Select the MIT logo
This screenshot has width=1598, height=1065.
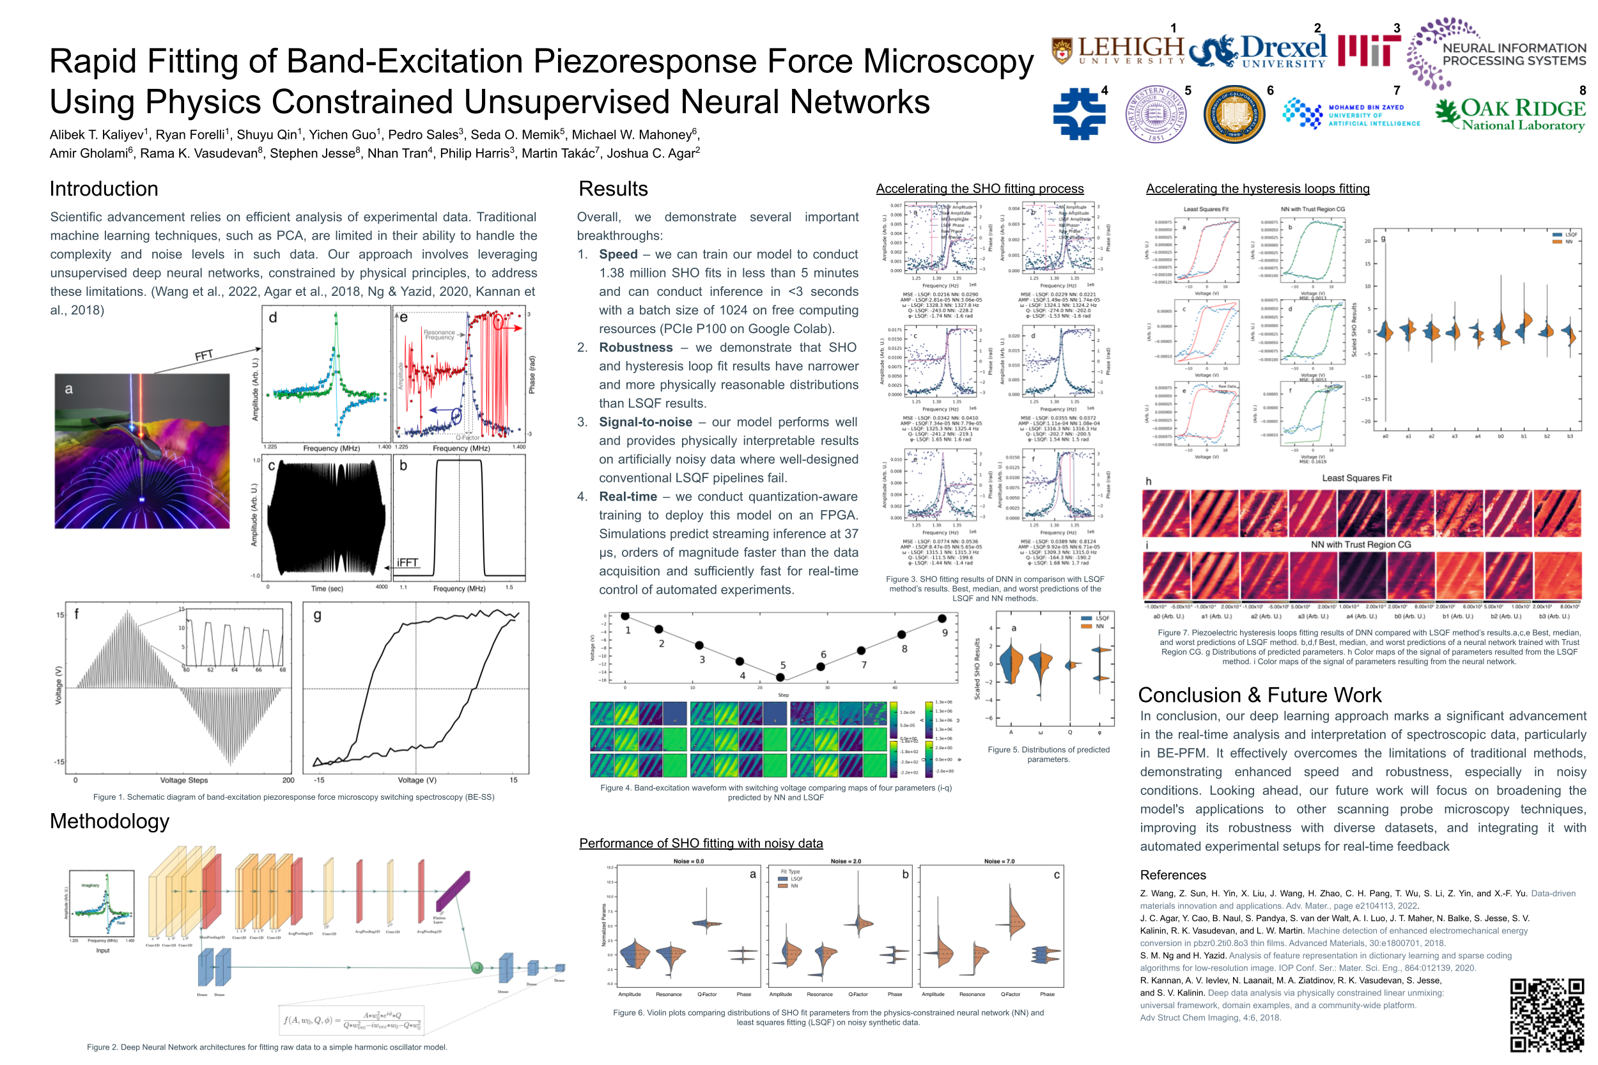1369,51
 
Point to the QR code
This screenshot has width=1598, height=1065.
1546,1014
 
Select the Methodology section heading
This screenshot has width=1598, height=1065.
109,821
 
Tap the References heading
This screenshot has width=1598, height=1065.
1173,875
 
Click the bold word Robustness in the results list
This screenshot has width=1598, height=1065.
635,348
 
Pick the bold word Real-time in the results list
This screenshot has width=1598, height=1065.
628,497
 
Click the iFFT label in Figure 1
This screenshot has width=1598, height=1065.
407,563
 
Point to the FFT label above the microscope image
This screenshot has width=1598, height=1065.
204,355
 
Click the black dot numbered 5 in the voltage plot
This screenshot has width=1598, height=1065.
780,677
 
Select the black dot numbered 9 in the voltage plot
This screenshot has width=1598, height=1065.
942,619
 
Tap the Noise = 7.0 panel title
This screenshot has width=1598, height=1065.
999,861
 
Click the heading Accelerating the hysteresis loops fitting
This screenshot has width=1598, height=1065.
1257,189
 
